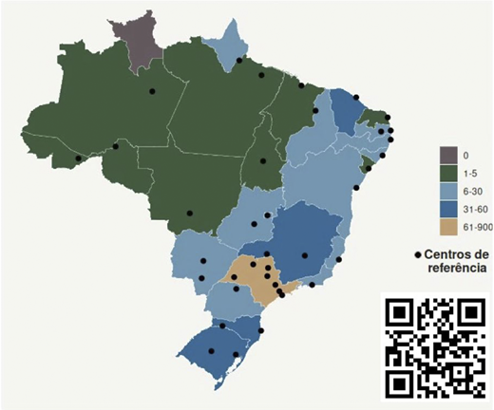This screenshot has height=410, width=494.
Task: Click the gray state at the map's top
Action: (138, 40)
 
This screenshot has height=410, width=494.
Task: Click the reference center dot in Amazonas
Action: (151, 91)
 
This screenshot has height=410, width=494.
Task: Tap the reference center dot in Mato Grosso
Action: (190, 213)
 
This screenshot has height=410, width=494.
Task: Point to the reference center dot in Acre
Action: (79, 158)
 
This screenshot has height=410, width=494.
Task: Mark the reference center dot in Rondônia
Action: (116, 146)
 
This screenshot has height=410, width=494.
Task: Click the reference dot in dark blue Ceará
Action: (356, 97)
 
